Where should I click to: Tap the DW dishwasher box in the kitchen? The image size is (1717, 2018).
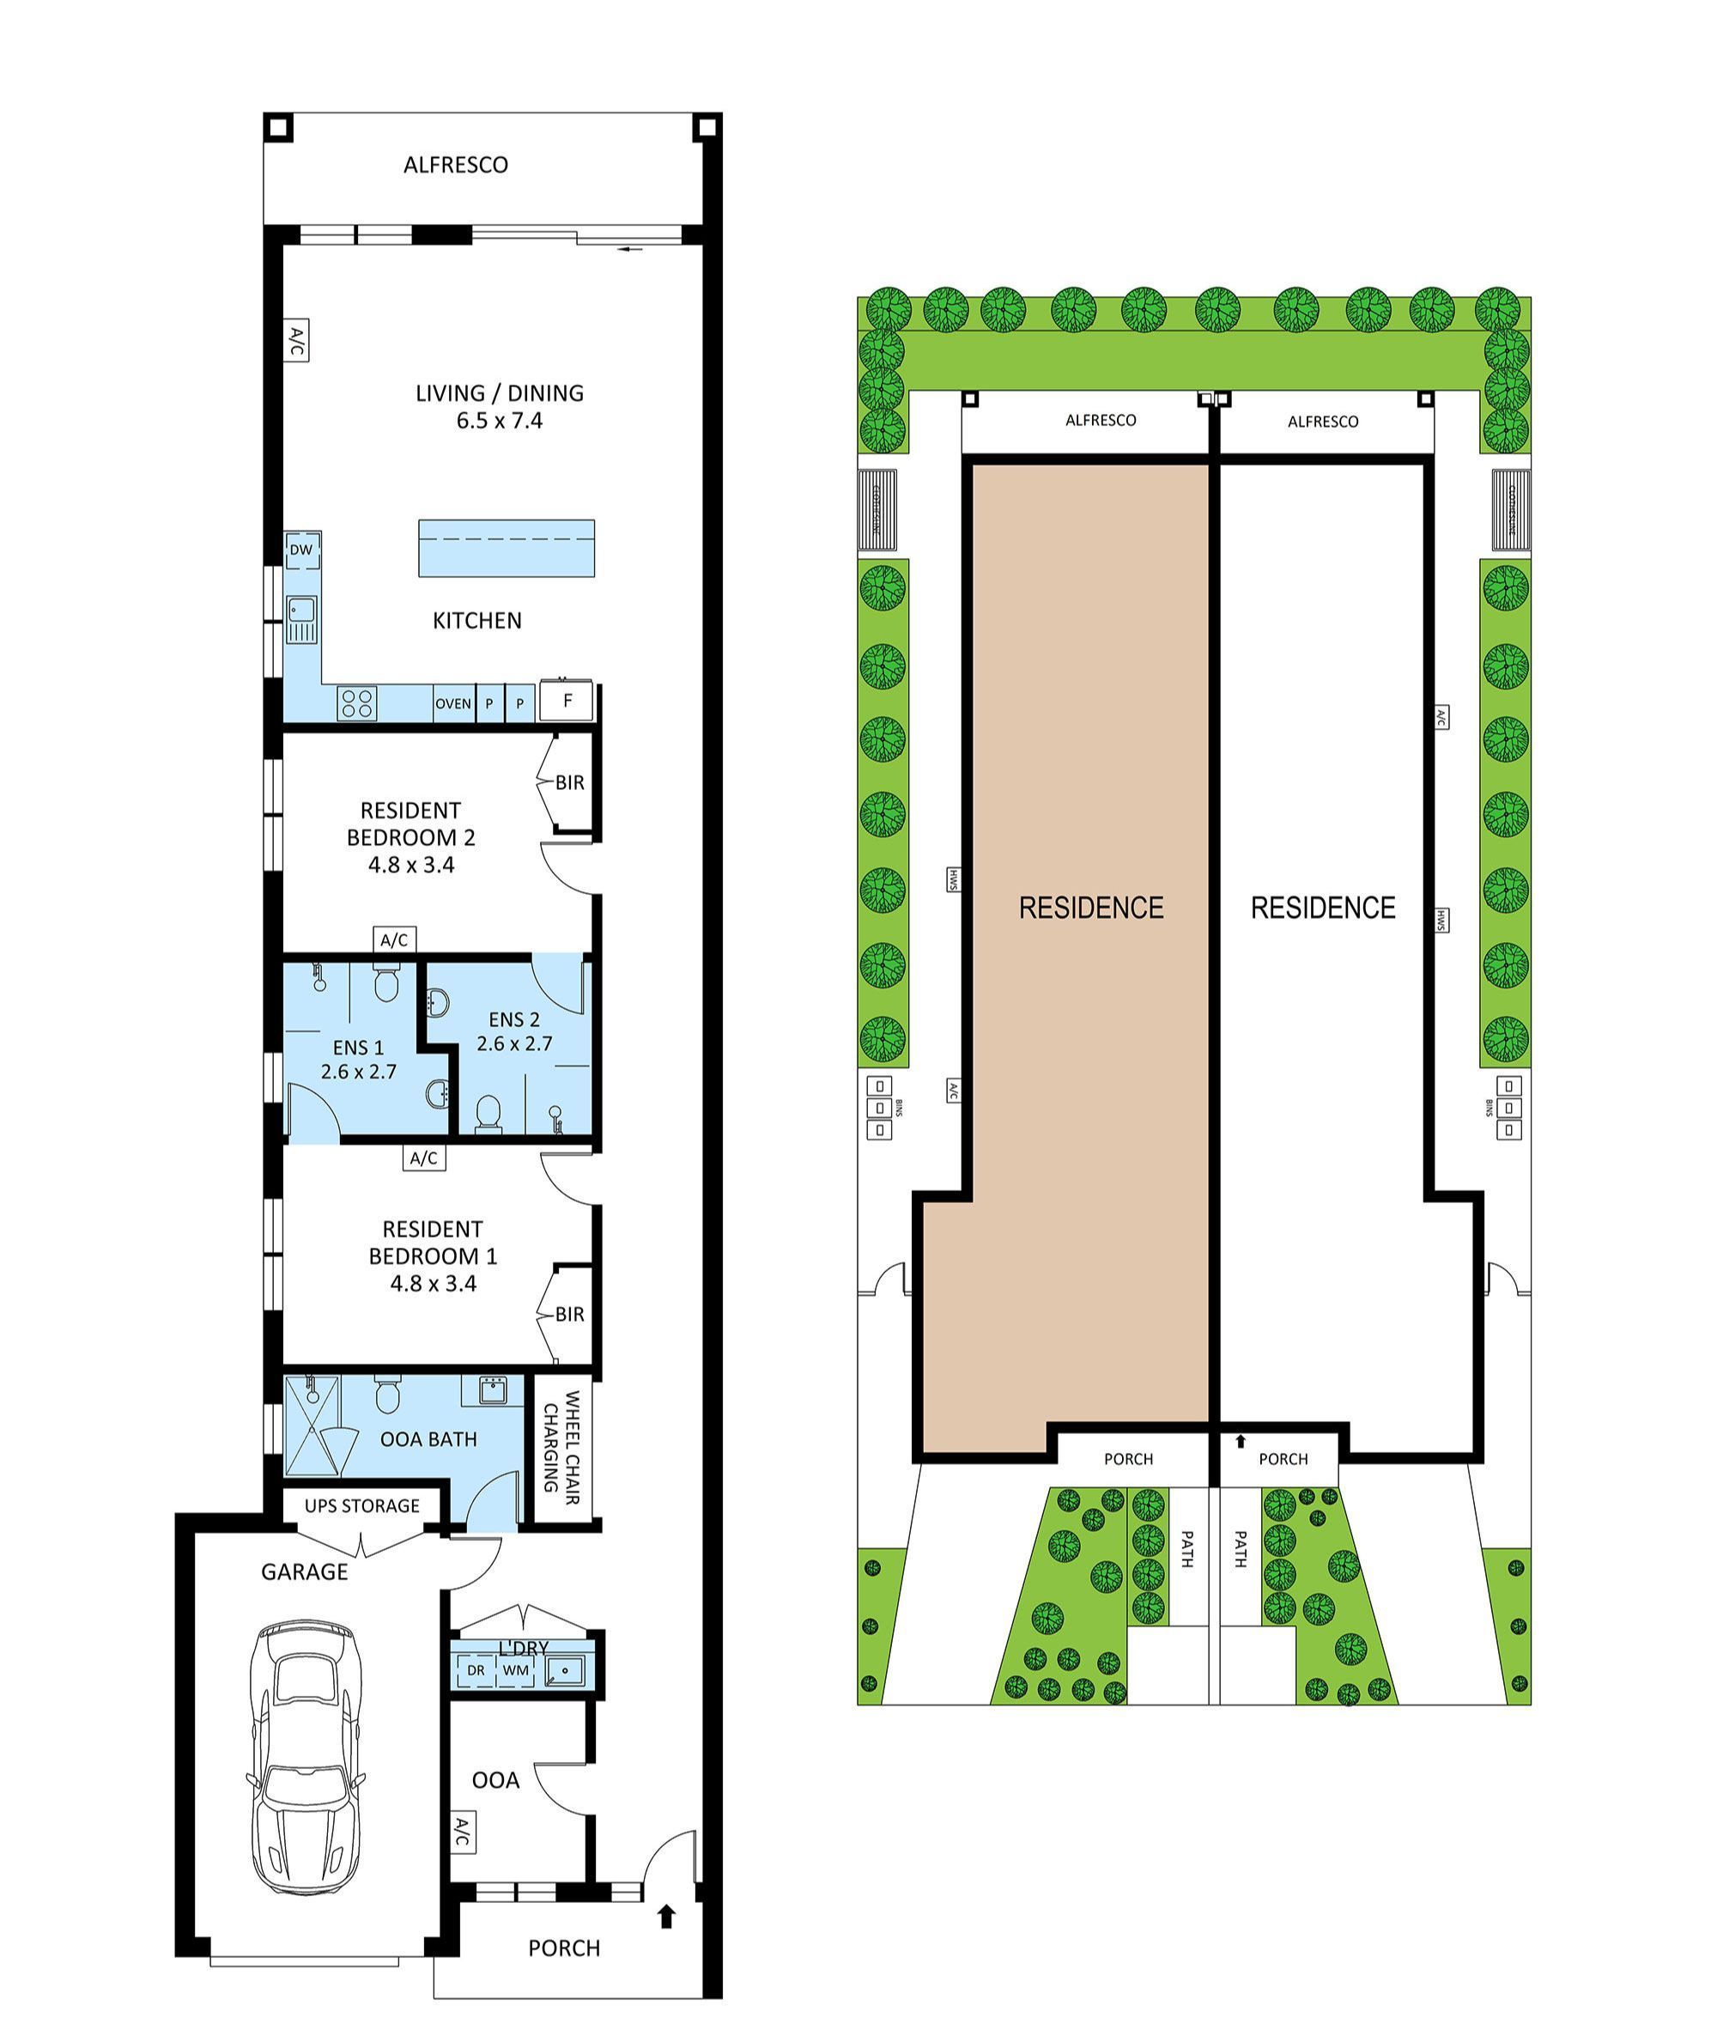tap(301, 550)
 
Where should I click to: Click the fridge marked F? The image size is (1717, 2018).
tap(567, 701)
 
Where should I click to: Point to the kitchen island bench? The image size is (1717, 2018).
tap(507, 548)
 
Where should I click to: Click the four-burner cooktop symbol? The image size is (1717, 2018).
tap(356, 702)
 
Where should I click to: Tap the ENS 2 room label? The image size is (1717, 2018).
tap(514, 1019)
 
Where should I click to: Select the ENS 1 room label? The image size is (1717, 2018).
tap(358, 1048)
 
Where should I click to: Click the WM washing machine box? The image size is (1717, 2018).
tap(516, 1670)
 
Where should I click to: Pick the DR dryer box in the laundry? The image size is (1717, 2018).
tap(475, 1670)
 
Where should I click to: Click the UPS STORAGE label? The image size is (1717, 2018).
tap(362, 1506)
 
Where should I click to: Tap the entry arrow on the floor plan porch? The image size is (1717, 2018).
tap(667, 1917)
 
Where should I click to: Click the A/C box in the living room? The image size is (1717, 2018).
tap(297, 341)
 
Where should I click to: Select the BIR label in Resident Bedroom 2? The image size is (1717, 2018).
tap(569, 782)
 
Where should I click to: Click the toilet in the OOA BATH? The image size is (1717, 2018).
tap(387, 1395)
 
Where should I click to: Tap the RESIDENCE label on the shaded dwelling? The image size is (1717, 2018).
tap(1091, 909)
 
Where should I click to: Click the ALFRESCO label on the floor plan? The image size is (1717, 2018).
tap(456, 165)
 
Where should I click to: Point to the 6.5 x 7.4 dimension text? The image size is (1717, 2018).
tap(500, 421)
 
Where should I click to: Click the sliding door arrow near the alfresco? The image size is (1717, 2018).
tap(631, 250)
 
